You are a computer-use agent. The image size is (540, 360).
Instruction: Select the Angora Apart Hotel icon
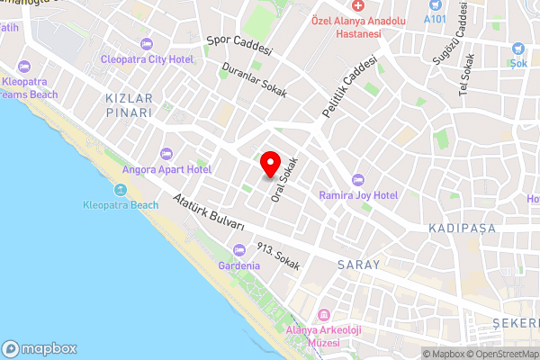point(165,153)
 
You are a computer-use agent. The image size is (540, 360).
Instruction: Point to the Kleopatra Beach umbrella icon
point(121,189)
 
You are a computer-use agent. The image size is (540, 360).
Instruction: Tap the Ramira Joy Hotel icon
point(359,179)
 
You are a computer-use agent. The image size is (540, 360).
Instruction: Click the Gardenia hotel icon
point(238,250)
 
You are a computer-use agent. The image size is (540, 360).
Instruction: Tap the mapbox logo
point(40,348)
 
